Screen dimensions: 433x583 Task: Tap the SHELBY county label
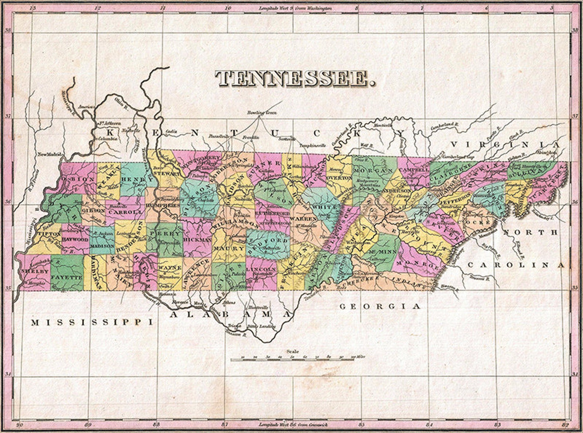click(x=30, y=271)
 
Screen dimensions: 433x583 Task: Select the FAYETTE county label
click(x=67, y=277)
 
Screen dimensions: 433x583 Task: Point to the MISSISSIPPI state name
click(x=92, y=322)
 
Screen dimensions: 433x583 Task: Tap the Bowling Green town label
click(x=258, y=112)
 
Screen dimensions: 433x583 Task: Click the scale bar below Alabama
click(x=292, y=359)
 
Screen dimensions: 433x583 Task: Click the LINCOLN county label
click(x=261, y=269)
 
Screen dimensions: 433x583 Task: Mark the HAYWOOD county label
click(x=75, y=239)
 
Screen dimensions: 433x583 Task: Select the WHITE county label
click(x=324, y=208)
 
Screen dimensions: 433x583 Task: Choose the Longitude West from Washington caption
click(x=296, y=8)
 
